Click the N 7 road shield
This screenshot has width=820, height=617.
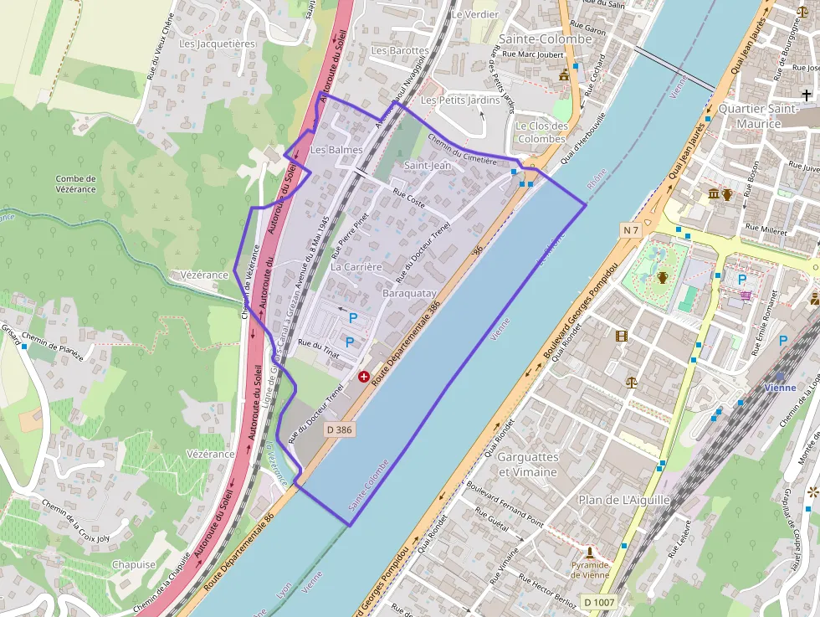pyautogui.click(x=630, y=229)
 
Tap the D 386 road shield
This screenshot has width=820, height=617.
pyautogui.click(x=338, y=429)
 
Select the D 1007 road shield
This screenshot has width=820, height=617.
pyautogui.click(x=598, y=602)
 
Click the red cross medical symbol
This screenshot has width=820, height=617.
pyautogui.click(x=364, y=377)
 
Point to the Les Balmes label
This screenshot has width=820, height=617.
pyautogui.click(x=336, y=150)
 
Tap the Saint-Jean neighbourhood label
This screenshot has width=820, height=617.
pyautogui.click(x=428, y=165)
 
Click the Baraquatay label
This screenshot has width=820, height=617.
pyautogui.click(x=409, y=294)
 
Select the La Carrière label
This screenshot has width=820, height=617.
pyautogui.click(x=356, y=267)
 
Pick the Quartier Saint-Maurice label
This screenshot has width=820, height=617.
pyautogui.click(x=758, y=116)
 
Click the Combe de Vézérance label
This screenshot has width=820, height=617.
pyautogui.click(x=75, y=184)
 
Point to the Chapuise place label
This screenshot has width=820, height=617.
pyautogui.click(x=134, y=564)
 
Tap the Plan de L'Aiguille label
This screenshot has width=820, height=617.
pyautogui.click(x=624, y=500)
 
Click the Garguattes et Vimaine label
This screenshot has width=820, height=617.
pyautogui.click(x=527, y=465)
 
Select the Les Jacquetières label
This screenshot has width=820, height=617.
pyautogui.click(x=217, y=44)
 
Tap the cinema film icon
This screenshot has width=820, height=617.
pyautogui.click(x=621, y=336)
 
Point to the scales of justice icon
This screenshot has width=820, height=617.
pyautogui.click(x=631, y=382)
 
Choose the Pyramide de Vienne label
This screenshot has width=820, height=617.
pyautogui.click(x=590, y=570)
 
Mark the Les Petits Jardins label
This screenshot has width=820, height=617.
pyautogui.click(x=460, y=100)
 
